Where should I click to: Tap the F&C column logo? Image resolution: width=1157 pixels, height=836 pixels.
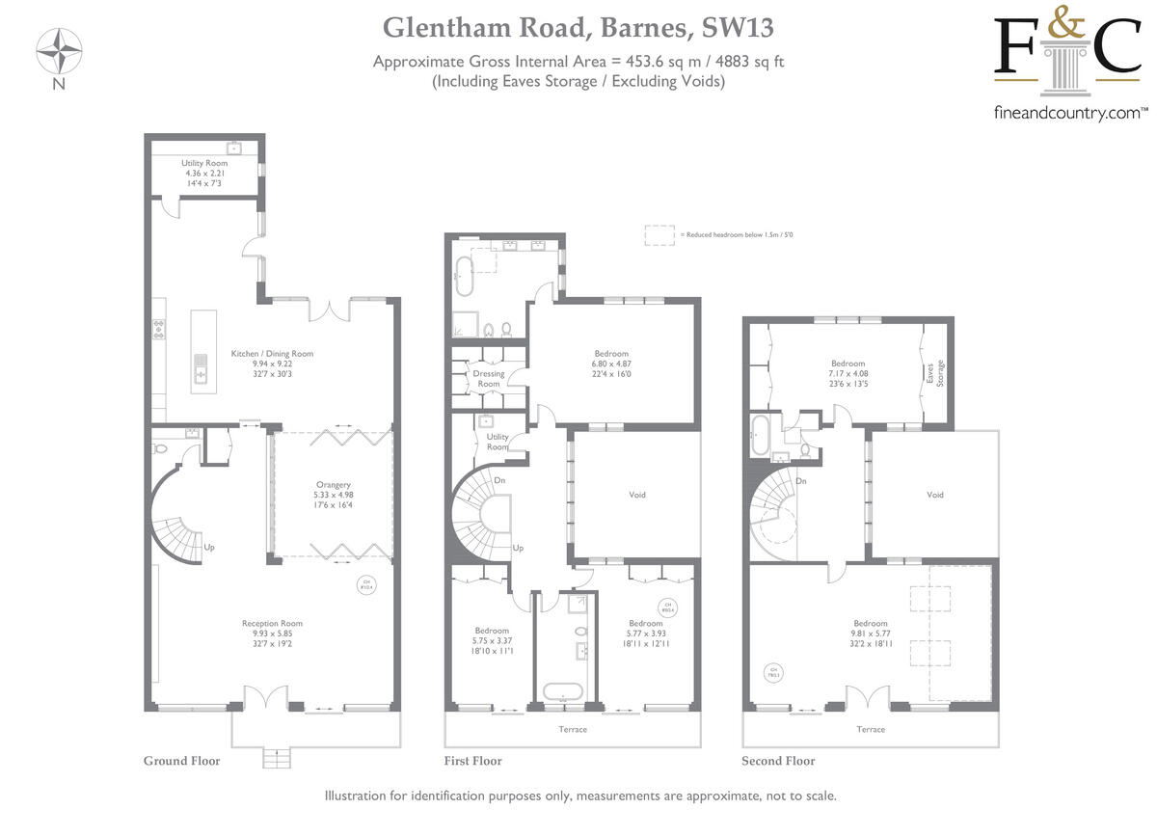coord(1067,60)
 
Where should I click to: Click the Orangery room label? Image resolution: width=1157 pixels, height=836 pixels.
coord(333,485)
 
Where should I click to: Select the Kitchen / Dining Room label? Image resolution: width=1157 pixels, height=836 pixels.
coord(272,354)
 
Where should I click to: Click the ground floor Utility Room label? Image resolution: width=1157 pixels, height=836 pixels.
coord(204,164)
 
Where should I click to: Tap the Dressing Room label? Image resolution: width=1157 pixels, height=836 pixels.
coord(489,379)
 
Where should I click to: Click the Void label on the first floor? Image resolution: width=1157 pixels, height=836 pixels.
coord(637,495)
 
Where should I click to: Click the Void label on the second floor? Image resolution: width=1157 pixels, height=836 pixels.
coord(934,495)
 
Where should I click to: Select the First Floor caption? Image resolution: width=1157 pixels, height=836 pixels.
coord(473,761)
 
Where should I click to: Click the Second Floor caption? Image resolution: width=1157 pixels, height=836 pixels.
coord(778,761)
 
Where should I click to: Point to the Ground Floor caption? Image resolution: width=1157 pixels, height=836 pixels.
coord(181,761)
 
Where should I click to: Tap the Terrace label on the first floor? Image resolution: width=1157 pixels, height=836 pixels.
coord(573,729)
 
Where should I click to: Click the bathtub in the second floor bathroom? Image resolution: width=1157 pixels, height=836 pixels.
coord(759,436)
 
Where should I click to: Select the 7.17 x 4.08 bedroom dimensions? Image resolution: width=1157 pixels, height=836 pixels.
coord(848,373)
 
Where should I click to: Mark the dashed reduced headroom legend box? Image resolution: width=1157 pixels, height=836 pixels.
coord(659,234)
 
